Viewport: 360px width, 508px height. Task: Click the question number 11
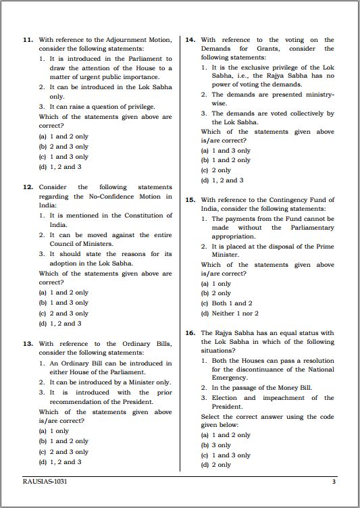(x=28, y=40)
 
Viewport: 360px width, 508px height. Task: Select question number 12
(x=28, y=187)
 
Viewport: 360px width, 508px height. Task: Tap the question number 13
(x=28, y=344)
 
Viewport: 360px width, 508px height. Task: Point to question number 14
(x=190, y=40)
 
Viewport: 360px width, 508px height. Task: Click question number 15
(x=190, y=200)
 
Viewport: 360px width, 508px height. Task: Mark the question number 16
(x=190, y=333)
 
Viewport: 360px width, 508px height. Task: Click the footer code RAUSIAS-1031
(x=45, y=482)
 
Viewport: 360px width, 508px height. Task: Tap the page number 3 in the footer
(x=334, y=482)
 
